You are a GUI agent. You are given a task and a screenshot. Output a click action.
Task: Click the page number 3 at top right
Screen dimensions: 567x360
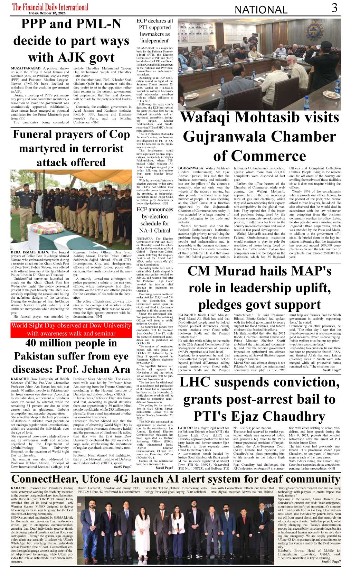[334, 8]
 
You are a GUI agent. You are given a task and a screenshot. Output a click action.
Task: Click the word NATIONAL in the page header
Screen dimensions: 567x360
[261, 10]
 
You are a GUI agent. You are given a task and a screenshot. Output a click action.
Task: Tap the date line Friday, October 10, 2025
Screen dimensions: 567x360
[47, 13]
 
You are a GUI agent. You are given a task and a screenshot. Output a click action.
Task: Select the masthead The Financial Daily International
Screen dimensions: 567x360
[50, 7]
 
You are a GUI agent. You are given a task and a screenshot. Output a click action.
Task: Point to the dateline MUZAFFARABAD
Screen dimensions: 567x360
[26, 69]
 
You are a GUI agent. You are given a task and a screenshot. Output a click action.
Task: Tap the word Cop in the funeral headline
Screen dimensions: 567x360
[120, 134]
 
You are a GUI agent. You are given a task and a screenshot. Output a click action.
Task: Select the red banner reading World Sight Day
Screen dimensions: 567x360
[71, 329]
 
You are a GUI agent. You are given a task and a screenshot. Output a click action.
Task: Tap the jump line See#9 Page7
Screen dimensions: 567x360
[332, 370]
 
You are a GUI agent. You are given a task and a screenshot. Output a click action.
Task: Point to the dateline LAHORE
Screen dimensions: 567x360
[186, 428]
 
